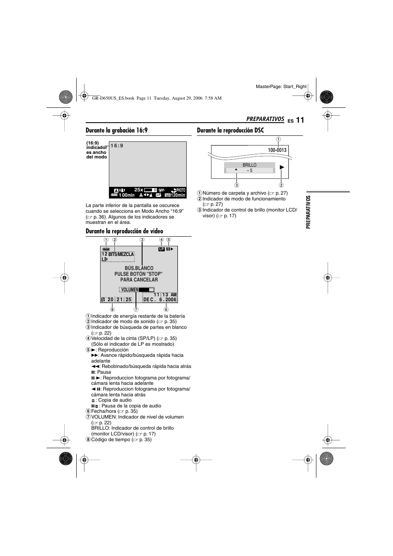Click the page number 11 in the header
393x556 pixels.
(x=299, y=120)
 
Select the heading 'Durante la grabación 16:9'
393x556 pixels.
(x=117, y=130)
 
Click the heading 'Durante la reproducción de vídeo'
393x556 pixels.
(x=124, y=231)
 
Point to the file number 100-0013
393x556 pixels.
(x=277, y=150)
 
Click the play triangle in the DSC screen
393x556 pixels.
(x=282, y=167)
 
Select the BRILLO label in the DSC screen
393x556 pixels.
(x=249, y=165)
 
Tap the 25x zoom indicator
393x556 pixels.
(x=138, y=190)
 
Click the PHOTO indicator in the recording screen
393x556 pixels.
(x=181, y=190)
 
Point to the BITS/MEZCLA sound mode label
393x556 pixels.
(x=121, y=254)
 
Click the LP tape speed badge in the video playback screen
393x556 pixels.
(x=161, y=249)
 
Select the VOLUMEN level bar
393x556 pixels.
(x=146, y=290)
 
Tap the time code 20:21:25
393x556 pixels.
(x=119, y=300)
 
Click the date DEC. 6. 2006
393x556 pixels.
(x=160, y=300)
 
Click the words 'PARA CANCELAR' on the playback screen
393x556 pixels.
(x=139, y=280)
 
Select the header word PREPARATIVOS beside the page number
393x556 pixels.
(x=265, y=119)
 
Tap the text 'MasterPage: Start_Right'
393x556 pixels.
(x=281, y=86)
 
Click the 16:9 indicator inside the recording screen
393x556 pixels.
(x=117, y=146)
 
